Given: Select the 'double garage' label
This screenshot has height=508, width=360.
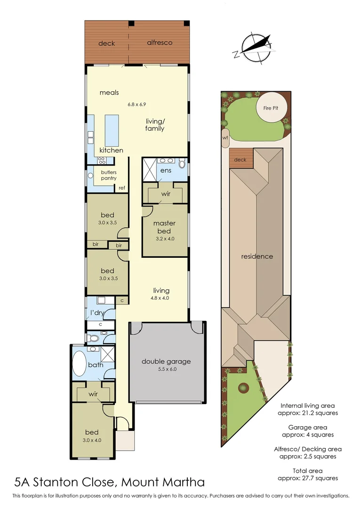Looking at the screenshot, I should [x=166, y=361].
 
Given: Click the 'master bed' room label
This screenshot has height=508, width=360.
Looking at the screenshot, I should [x=164, y=227].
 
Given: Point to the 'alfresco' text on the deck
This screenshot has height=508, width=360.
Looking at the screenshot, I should [x=160, y=42].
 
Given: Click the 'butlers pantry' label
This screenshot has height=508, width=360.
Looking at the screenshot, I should [x=108, y=175].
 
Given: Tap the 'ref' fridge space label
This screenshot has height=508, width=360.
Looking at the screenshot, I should [x=122, y=188].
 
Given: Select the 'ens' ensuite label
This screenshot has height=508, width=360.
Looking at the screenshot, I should [x=165, y=170].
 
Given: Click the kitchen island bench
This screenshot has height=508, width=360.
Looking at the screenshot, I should [x=112, y=130].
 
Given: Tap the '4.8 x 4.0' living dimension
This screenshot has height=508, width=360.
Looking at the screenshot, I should [x=161, y=298].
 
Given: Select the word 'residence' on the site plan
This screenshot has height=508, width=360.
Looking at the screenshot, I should [x=257, y=256].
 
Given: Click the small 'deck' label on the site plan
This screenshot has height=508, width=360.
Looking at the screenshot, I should [x=240, y=160].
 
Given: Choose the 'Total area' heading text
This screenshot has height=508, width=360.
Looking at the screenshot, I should [x=309, y=470].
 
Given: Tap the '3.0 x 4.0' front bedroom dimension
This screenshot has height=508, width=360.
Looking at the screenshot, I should [x=93, y=440].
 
